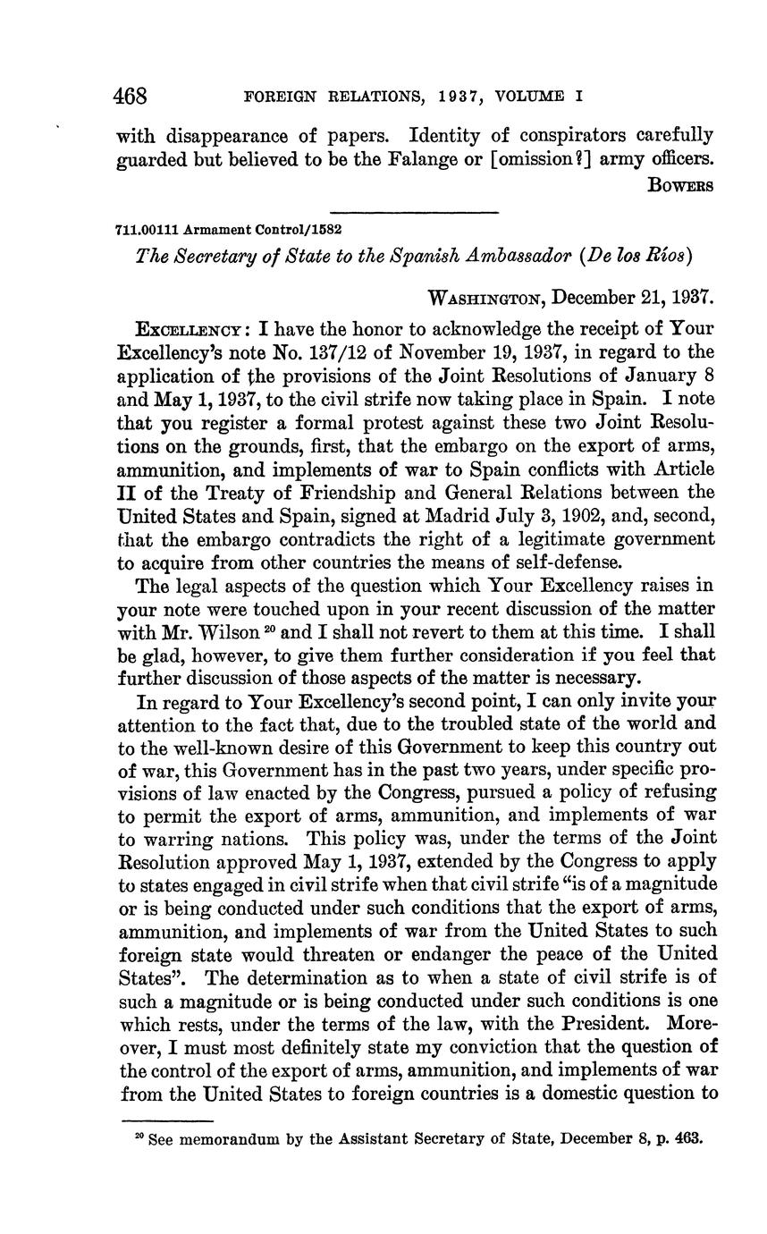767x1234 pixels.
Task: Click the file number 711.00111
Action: pyautogui.click(x=147, y=231)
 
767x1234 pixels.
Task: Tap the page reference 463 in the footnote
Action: pyautogui.click(x=689, y=1139)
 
